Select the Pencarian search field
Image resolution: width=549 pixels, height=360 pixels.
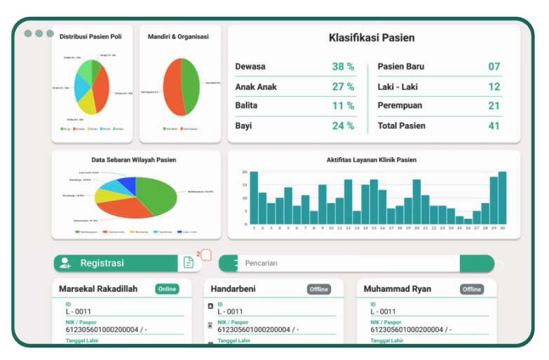(x=344, y=264)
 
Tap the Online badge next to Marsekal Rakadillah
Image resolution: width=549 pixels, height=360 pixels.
(x=167, y=289)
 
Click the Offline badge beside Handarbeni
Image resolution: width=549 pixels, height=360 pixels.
(x=318, y=289)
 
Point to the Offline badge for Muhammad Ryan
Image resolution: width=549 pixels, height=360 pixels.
(x=472, y=289)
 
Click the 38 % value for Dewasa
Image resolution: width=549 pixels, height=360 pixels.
(x=343, y=67)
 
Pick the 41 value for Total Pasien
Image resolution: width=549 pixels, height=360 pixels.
(x=494, y=126)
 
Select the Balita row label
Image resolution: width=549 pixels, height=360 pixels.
(x=246, y=106)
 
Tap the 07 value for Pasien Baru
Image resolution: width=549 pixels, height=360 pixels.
(x=494, y=67)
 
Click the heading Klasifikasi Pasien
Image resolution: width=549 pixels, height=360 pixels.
(x=372, y=38)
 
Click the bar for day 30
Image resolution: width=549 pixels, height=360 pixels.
(x=502, y=198)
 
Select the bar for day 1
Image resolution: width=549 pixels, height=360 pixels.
(x=254, y=198)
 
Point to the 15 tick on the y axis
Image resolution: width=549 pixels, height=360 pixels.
(x=245, y=185)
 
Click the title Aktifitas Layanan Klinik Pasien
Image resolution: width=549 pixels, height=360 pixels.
(x=372, y=160)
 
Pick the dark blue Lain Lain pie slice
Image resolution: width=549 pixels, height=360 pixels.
(x=128, y=185)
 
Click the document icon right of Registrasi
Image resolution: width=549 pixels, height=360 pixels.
(x=188, y=262)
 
